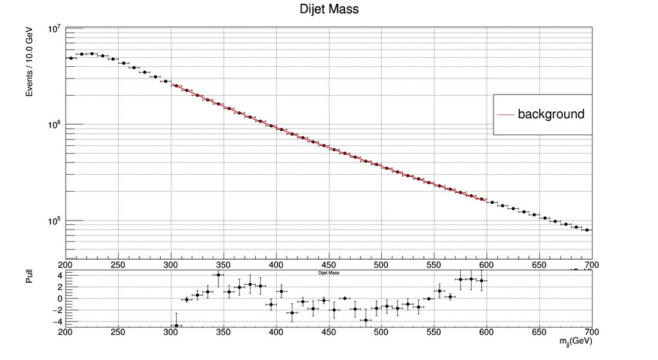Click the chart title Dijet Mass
click(329, 10)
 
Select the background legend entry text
click(551, 114)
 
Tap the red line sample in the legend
click(506, 115)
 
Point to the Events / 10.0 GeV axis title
click(30, 62)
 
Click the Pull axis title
click(29, 277)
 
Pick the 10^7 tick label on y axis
click(54, 29)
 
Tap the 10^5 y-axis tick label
click(54, 221)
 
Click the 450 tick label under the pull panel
click(328, 332)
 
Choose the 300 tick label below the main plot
click(170, 264)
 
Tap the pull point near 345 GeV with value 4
click(218, 275)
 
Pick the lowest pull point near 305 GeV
click(176, 326)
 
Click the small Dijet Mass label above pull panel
click(328, 273)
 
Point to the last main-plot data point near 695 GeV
click(587, 230)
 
